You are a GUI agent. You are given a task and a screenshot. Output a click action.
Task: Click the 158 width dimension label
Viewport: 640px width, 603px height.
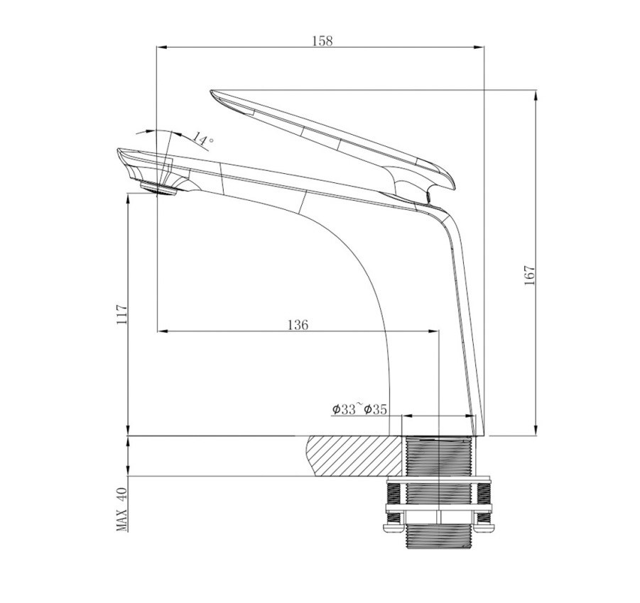click(x=322, y=40)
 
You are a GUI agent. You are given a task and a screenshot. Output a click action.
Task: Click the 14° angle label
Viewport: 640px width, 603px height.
click(x=202, y=139)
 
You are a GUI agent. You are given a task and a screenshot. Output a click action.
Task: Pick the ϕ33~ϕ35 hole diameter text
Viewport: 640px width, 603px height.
click(x=359, y=409)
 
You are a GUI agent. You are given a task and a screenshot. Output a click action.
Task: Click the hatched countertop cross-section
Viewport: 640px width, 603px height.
click(x=352, y=458)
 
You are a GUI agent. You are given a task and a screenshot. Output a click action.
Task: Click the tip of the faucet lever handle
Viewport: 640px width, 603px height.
click(x=214, y=93)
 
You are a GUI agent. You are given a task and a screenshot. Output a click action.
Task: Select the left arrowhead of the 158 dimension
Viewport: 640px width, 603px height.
click(x=161, y=48)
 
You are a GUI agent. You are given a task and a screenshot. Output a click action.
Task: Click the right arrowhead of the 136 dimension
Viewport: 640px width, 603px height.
click(x=436, y=331)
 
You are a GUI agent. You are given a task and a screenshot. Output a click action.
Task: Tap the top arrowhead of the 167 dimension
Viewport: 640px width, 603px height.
click(x=536, y=94)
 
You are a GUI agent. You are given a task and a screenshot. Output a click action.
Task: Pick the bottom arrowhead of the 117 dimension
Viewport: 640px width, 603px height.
click(x=128, y=430)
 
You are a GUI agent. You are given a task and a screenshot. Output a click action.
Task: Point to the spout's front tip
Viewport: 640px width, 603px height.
click(x=119, y=152)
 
